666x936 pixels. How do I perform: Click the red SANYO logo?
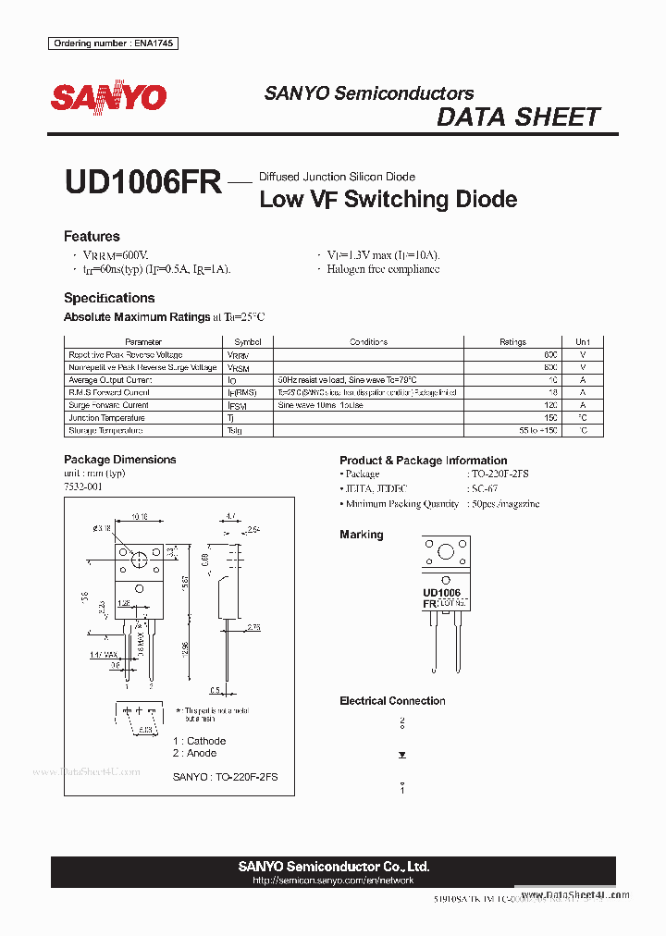coord(108,97)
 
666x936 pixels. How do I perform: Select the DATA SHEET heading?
coord(518,117)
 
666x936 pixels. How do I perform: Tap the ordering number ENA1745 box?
coord(113,43)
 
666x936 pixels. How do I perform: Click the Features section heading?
coord(92,237)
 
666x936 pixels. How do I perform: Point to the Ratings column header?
coord(512,342)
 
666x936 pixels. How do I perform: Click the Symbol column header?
coord(248,342)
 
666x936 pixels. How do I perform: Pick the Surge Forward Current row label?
coord(108,405)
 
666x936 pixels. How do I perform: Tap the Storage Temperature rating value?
coord(538,431)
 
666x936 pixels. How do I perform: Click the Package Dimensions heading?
coord(119,460)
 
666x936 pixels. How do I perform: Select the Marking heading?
coord(361,535)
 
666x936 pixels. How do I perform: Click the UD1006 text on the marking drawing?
coord(441,592)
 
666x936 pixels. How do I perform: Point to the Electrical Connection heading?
coord(392,701)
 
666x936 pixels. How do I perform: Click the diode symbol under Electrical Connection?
coord(402,755)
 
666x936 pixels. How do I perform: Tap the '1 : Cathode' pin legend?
coord(199,741)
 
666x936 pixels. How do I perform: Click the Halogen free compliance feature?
coord(383,269)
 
